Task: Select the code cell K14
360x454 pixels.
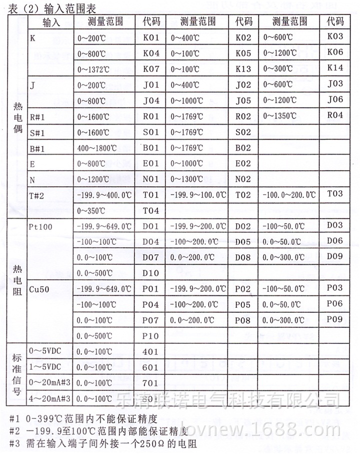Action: [335, 68]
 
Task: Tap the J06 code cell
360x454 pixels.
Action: [335, 100]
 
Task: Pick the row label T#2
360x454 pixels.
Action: [37, 195]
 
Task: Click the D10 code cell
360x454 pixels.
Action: [150, 273]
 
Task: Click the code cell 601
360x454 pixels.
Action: [150, 367]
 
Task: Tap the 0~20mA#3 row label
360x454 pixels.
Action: [49, 383]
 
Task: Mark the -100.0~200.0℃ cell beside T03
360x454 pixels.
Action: [290, 195]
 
